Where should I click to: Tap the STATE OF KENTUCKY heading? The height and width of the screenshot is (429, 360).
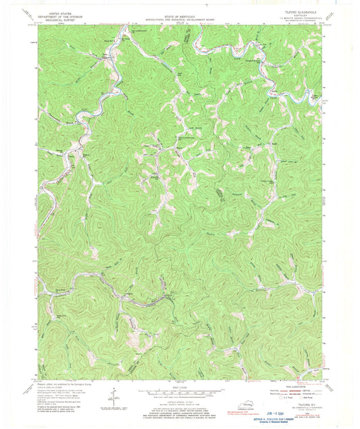[x=180, y=7]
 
